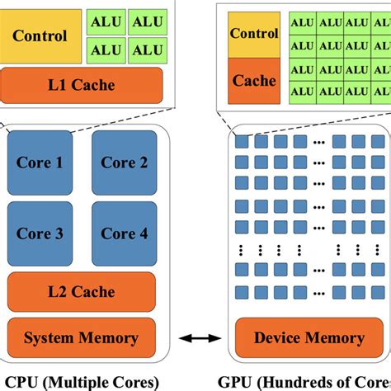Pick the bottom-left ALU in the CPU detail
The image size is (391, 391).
coord(106,49)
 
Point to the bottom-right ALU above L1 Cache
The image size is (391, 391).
coord(147,49)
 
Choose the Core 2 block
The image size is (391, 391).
coord(125,163)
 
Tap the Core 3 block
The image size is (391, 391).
coord(40,233)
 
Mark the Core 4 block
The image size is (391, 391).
coord(125,233)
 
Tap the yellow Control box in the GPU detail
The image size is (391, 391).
coord(253,34)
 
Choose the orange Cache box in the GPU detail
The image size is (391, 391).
coord(253,81)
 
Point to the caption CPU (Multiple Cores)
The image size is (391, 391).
coord(81,381)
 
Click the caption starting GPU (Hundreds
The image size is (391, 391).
coord(305,381)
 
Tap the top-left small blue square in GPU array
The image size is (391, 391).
coord(242,142)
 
